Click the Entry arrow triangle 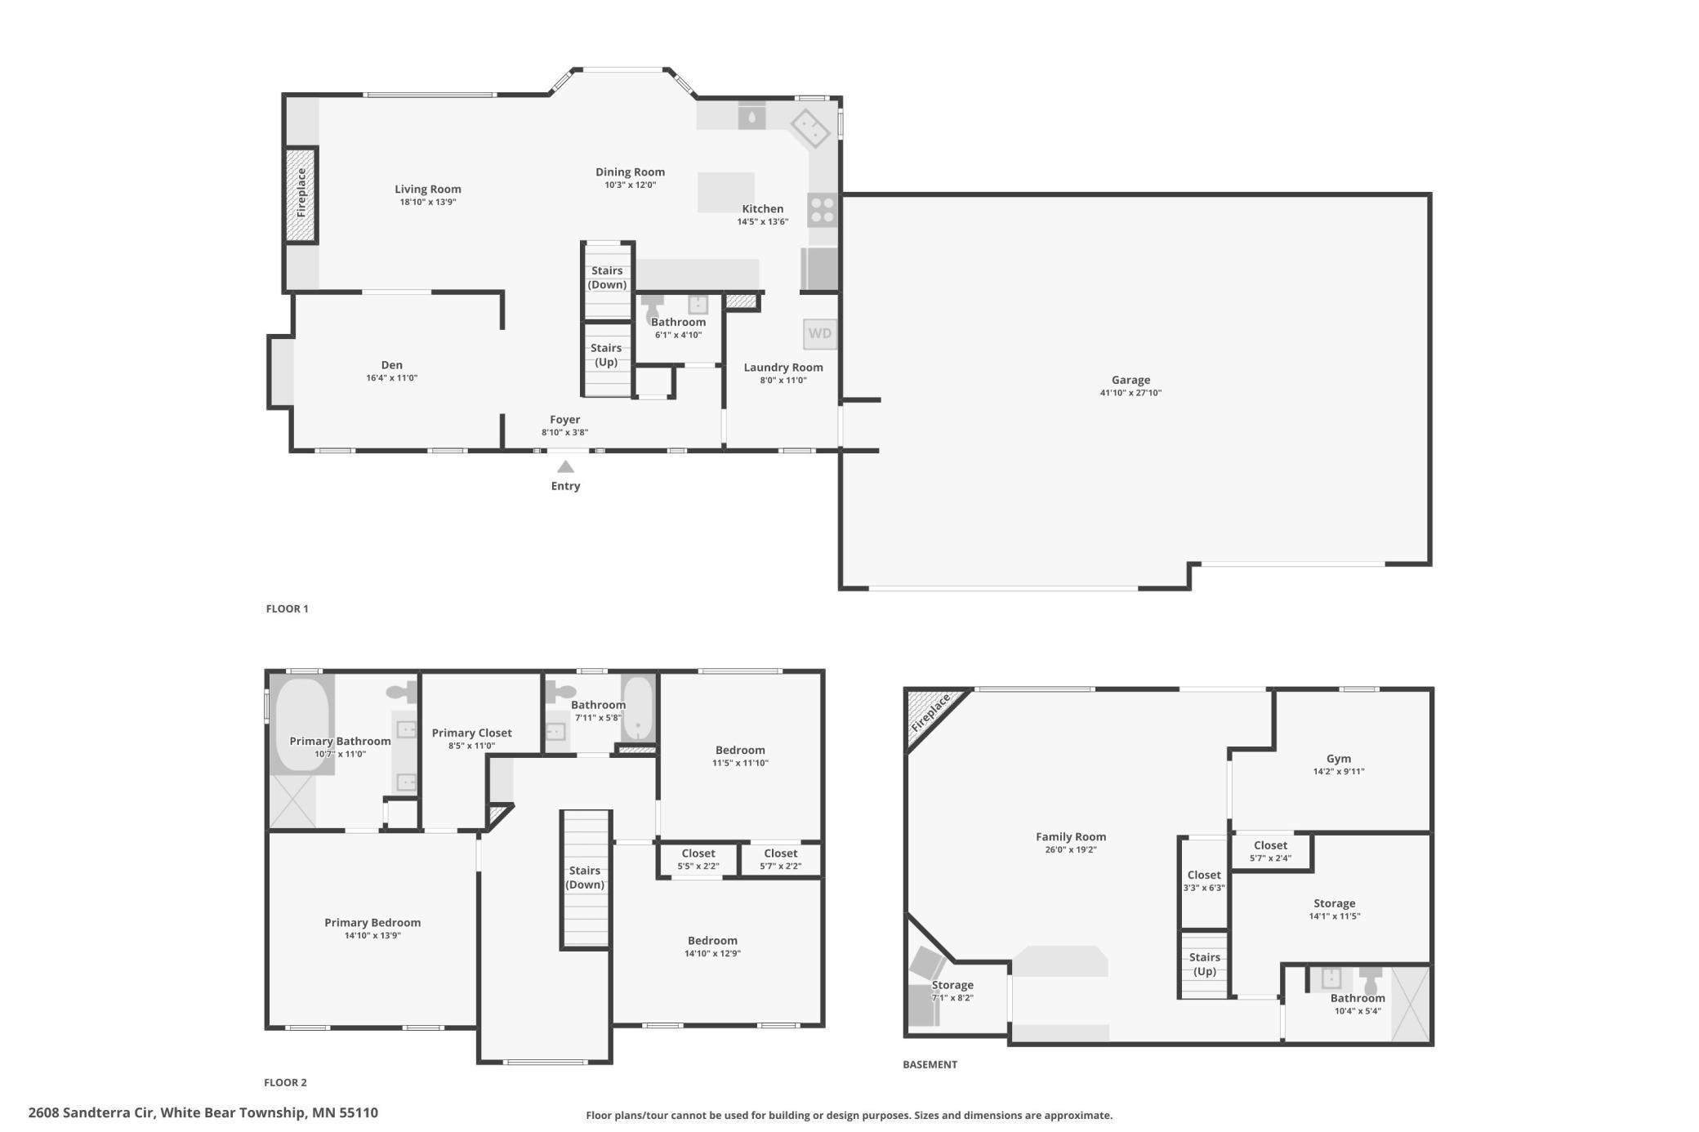click(x=565, y=467)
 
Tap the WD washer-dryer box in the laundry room click(x=820, y=333)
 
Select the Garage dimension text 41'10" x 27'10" click(x=1130, y=393)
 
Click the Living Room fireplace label click(x=301, y=193)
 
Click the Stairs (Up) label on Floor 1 click(x=606, y=355)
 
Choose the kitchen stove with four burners click(x=823, y=209)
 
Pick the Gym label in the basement click(x=1339, y=759)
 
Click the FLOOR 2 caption click(x=285, y=1082)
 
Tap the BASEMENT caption click(x=930, y=1064)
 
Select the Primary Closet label click(x=472, y=733)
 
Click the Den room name click(x=392, y=365)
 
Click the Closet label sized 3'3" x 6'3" click(x=1204, y=875)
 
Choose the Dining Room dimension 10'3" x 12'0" click(x=630, y=185)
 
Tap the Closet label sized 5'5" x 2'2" click(x=698, y=853)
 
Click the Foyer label click(x=565, y=420)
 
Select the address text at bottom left click(x=203, y=1112)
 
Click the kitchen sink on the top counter click(x=752, y=116)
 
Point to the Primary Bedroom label click(x=372, y=923)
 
